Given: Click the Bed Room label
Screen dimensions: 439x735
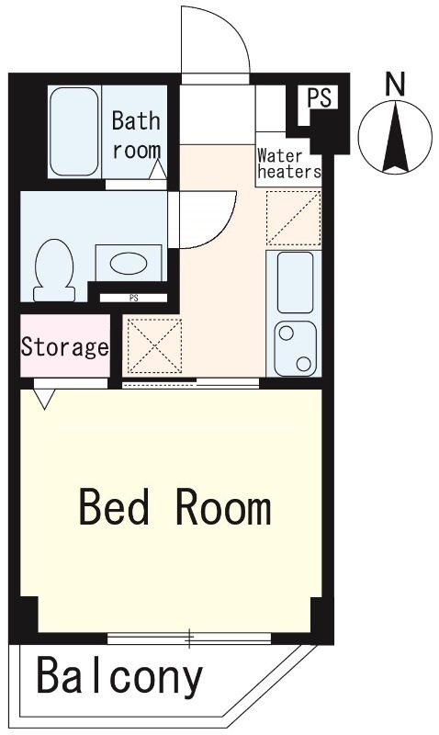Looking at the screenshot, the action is (175, 507).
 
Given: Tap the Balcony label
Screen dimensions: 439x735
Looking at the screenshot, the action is (120, 677).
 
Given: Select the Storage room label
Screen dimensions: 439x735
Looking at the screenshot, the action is (65, 347).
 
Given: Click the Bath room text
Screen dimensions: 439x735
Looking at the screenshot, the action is (136, 135).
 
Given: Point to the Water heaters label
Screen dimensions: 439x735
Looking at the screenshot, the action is (289, 164).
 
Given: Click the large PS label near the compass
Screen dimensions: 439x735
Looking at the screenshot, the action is (319, 98).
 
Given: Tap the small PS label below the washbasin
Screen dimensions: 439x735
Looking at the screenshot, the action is (134, 298).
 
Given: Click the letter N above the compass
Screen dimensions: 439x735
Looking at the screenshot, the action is (395, 85).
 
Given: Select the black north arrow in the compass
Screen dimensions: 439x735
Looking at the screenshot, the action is (395, 137).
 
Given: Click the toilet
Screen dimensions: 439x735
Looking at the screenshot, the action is (54, 270).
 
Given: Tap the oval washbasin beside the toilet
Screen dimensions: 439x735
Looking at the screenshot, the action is (129, 264).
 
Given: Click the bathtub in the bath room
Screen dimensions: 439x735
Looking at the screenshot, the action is (74, 132).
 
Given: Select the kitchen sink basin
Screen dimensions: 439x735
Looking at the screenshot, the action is (295, 282).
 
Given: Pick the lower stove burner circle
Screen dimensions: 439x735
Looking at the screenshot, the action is (304, 363).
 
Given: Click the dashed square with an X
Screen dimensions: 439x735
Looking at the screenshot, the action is (154, 346).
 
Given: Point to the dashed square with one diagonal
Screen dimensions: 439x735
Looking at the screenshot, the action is (294, 218).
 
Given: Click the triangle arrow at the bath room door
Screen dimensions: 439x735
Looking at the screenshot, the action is (158, 169).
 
